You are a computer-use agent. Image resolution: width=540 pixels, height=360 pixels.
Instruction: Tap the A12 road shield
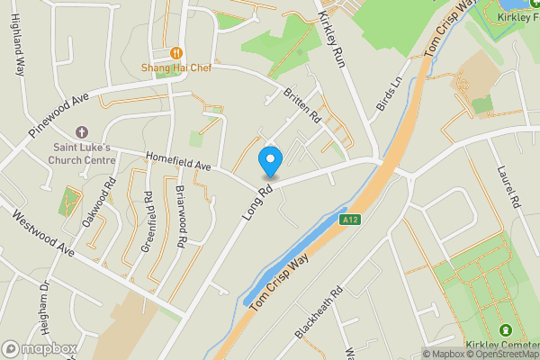(351, 219)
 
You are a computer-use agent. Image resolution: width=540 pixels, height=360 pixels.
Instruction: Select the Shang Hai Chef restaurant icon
(176, 53)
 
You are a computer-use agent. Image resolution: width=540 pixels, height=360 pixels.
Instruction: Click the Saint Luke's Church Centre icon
(82, 132)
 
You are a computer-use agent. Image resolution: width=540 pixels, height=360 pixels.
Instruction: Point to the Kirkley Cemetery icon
(505, 331)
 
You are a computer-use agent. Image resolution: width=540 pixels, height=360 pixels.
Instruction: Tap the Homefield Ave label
(177, 165)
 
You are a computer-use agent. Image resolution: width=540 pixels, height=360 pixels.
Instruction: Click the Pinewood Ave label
(59, 114)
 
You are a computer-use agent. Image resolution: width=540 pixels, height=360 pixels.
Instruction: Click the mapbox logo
(40, 348)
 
